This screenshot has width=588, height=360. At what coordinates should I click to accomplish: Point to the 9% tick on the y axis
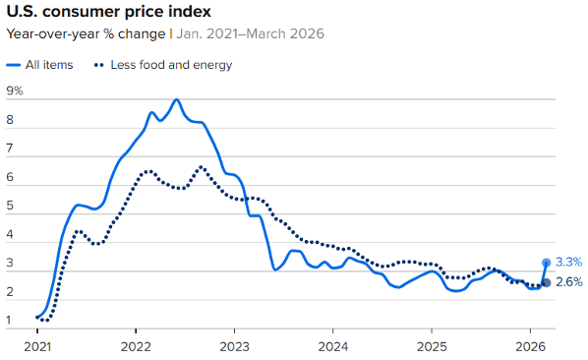point(15,91)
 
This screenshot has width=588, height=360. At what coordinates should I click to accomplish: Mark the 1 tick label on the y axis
point(9,321)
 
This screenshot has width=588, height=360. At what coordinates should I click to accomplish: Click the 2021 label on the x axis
point(36,346)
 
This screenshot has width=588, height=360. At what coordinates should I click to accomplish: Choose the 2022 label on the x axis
point(136,346)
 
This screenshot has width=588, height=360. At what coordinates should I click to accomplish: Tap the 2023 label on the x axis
point(234,346)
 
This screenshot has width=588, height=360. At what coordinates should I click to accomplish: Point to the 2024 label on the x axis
point(333,346)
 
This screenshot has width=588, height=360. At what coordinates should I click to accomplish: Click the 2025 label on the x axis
point(432,346)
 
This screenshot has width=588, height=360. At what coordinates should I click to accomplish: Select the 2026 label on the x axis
point(530,346)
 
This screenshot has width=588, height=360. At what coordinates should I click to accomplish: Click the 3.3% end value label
point(568,263)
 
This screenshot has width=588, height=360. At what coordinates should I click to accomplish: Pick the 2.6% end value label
point(568,283)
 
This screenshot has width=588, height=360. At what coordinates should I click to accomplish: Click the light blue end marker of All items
point(547,263)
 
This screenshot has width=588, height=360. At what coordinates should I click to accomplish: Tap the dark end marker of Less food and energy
point(547,283)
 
